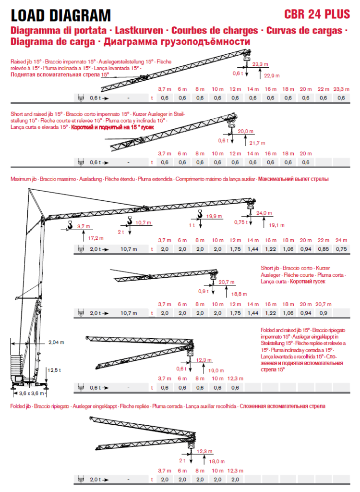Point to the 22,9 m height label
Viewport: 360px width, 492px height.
[272, 75]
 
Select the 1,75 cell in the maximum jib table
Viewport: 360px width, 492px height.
[235, 249]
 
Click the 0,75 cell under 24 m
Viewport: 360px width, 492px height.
[341, 249]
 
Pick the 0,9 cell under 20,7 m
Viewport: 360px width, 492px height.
[323, 313]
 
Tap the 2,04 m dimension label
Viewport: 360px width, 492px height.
[56, 343]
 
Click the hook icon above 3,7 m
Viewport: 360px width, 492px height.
[70, 224]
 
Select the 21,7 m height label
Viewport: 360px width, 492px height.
[258, 143]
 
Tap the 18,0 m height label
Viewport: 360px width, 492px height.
[217, 461]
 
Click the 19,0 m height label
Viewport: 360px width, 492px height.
[216, 370]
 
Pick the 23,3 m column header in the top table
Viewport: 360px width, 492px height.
[341, 89]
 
